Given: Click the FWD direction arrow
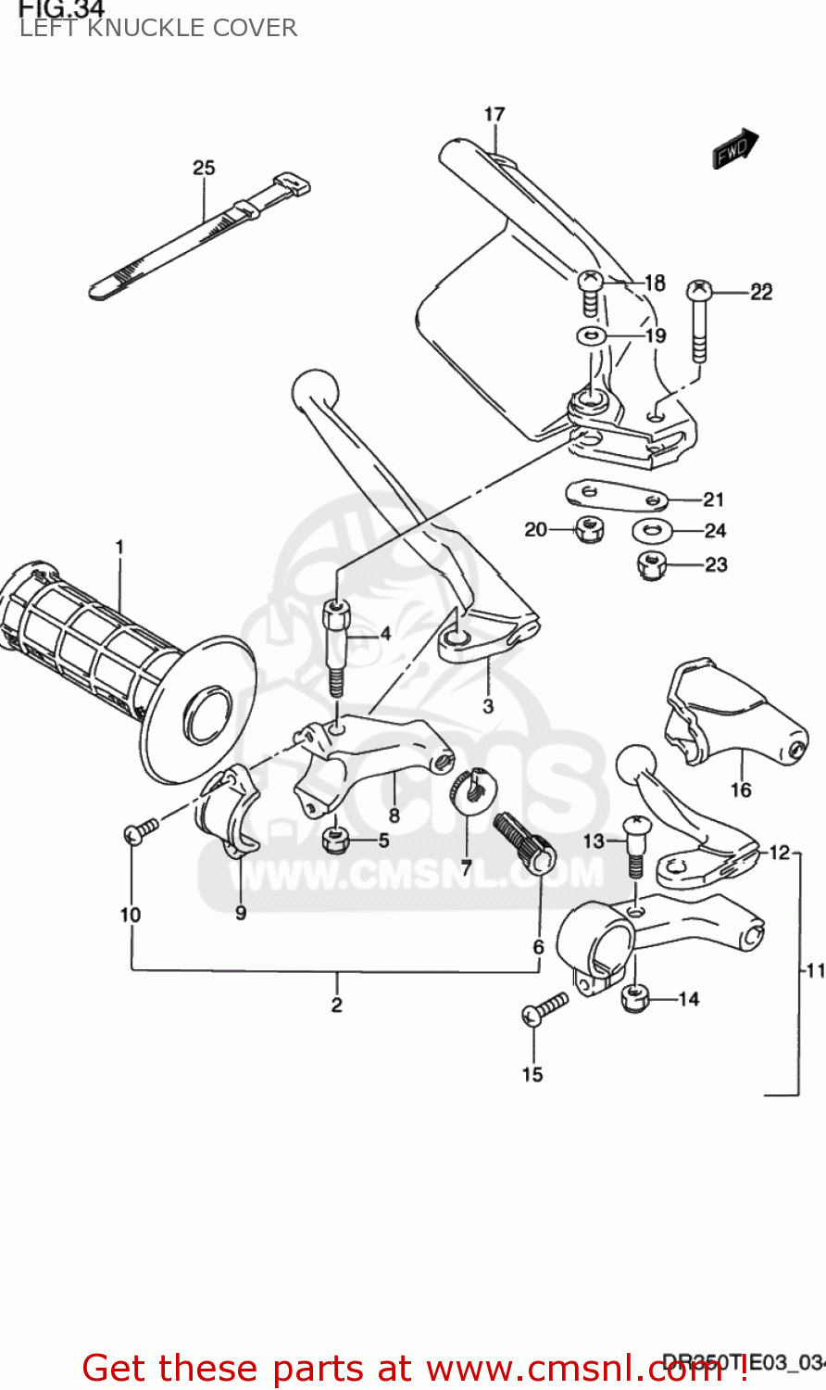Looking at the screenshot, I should point(735,148).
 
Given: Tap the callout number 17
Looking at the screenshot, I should point(494,114).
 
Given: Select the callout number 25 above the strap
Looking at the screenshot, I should point(204,168).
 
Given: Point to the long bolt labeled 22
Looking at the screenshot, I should point(699,320).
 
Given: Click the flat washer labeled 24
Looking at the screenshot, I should point(651,531).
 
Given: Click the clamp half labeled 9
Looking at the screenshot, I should point(227,813).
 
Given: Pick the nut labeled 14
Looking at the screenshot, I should point(633,999).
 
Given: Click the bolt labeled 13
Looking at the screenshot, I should point(635,843).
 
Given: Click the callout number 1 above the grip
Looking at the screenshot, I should point(119,547).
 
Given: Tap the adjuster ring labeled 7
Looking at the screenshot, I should point(469,788).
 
